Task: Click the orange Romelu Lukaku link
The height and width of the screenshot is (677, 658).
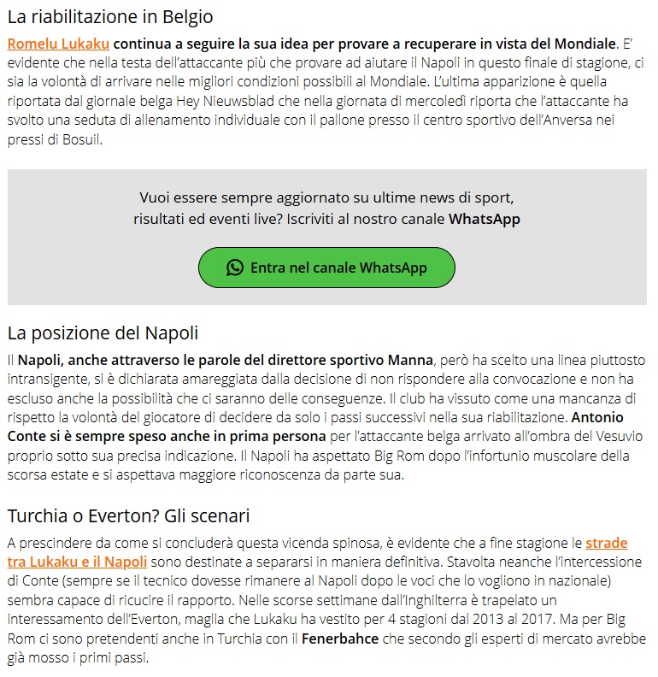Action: point(58,43)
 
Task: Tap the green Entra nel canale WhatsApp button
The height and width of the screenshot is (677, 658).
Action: point(326,268)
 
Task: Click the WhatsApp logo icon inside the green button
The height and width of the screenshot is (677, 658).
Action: point(235,268)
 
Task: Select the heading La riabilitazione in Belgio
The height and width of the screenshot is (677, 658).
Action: point(110,16)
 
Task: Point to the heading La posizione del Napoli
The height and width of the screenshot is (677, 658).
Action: point(103,333)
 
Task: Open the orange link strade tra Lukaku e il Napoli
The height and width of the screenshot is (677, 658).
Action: point(607,544)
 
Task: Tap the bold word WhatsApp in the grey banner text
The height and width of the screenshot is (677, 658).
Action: point(485,219)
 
